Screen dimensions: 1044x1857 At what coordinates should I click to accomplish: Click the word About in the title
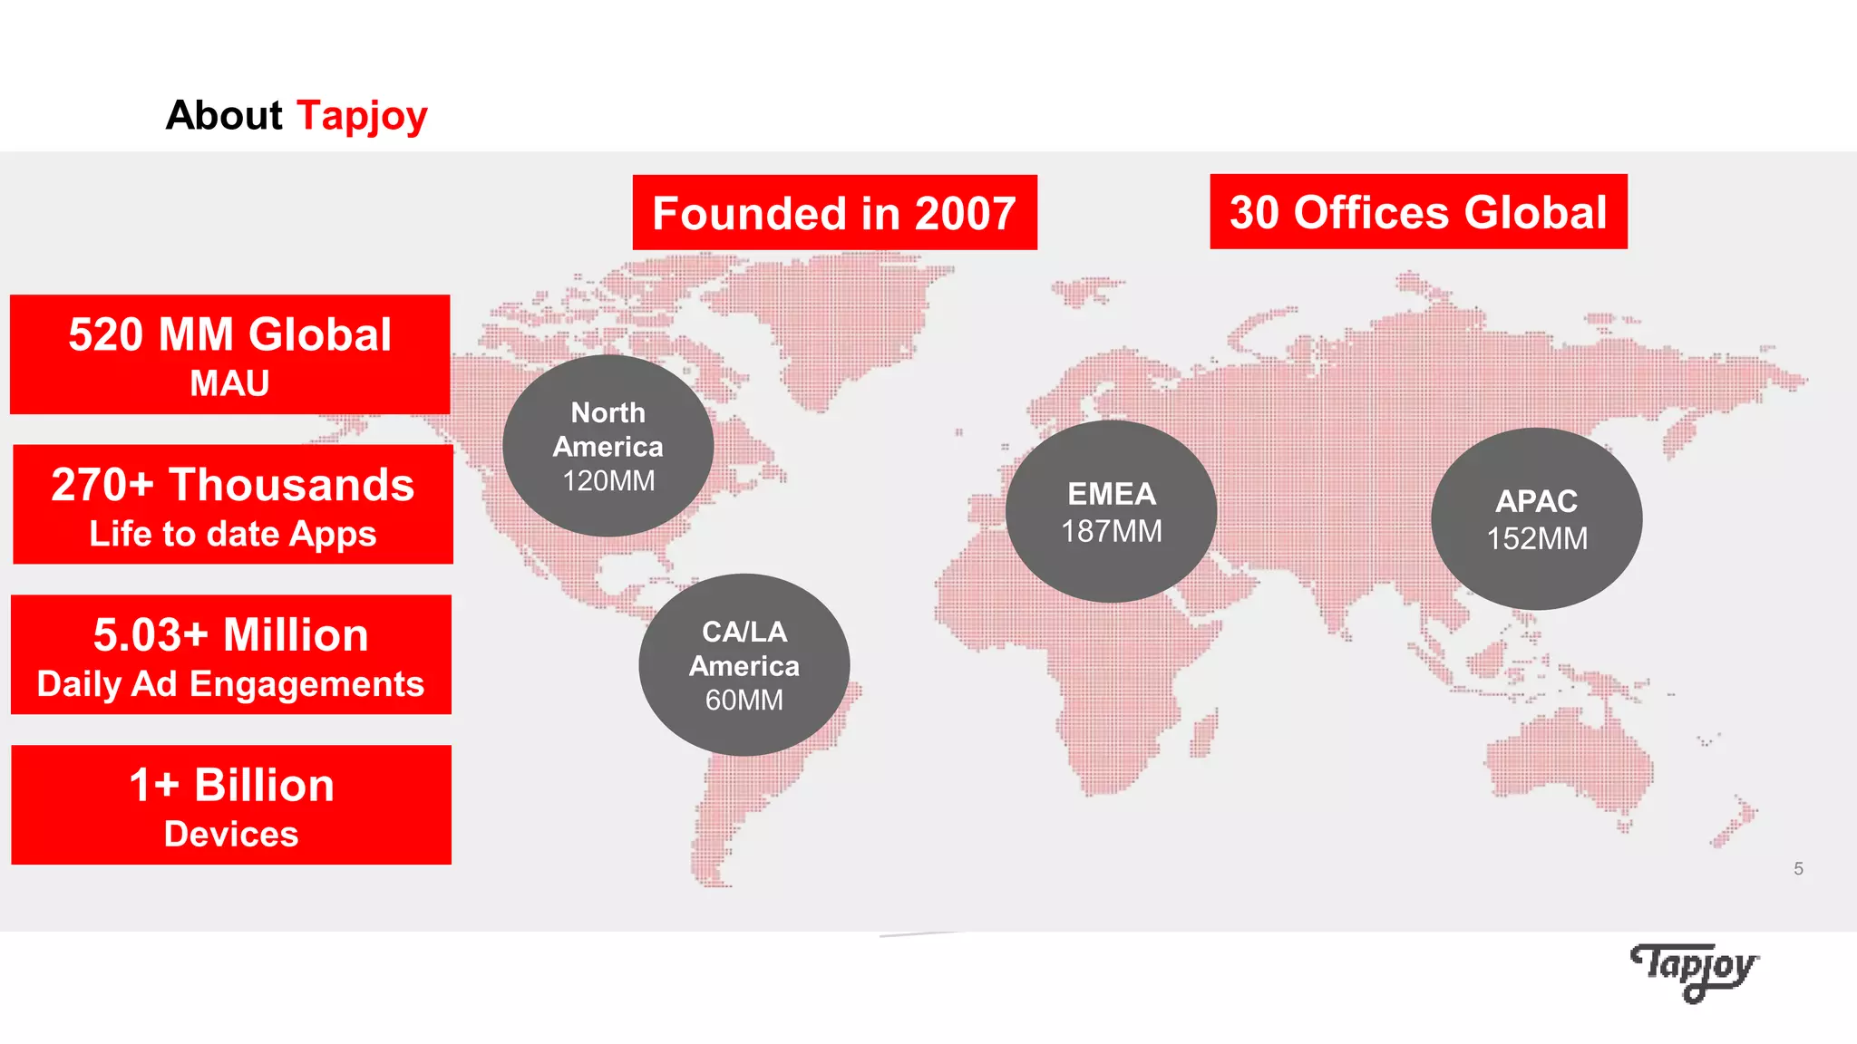click(224, 116)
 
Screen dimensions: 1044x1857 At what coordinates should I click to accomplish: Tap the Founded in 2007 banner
click(834, 213)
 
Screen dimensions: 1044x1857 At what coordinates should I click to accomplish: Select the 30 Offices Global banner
click(1418, 212)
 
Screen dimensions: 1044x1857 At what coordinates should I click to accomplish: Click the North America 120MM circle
click(608, 446)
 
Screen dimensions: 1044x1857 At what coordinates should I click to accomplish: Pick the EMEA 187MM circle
click(1111, 511)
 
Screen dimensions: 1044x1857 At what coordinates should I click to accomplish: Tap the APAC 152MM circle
click(1536, 518)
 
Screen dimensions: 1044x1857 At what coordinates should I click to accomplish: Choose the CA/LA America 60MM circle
click(744, 665)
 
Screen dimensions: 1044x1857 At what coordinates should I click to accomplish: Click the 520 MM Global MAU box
click(230, 354)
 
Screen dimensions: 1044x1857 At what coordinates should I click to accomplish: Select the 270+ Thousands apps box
click(233, 505)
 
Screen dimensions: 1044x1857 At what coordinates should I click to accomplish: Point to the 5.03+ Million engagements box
click(231, 655)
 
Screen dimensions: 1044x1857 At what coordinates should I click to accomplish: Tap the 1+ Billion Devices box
click(231, 805)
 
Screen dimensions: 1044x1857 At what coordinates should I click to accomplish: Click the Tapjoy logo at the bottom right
click(1694, 971)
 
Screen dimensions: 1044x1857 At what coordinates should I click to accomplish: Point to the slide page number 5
click(1798, 869)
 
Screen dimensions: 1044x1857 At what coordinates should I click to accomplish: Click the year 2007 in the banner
click(965, 214)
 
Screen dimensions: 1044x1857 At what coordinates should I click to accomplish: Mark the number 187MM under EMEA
click(1112, 531)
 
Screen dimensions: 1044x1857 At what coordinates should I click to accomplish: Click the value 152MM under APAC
click(1537, 539)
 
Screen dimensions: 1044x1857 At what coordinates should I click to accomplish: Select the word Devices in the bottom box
click(231, 834)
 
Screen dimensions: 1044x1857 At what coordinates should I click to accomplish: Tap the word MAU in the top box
click(229, 383)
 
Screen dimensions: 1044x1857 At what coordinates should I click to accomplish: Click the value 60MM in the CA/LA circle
click(744, 701)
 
